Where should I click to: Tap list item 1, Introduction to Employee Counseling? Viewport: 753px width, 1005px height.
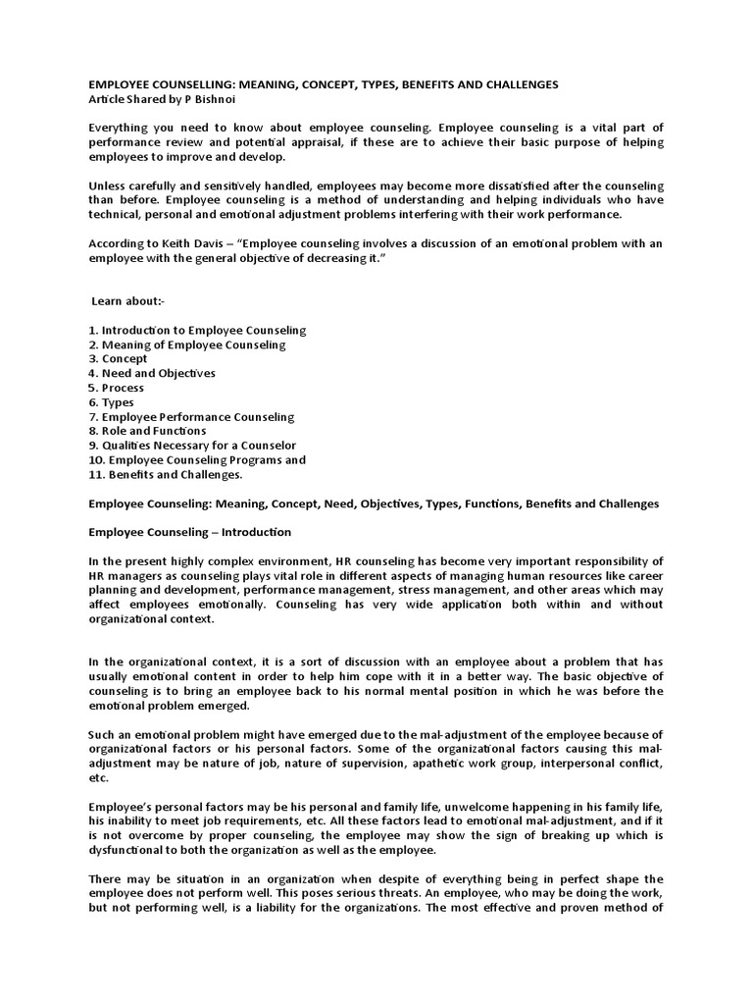(x=197, y=330)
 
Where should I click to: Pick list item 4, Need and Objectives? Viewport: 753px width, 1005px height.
(x=152, y=373)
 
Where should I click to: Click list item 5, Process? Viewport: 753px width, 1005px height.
(x=117, y=388)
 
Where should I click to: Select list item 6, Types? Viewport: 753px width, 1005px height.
(x=112, y=402)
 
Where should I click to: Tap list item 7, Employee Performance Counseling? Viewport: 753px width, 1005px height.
(x=191, y=417)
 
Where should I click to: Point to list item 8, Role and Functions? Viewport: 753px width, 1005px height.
(x=147, y=431)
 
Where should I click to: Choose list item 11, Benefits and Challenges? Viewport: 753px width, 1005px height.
(x=166, y=474)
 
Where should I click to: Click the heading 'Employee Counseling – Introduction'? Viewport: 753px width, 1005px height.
(x=189, y=532)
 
